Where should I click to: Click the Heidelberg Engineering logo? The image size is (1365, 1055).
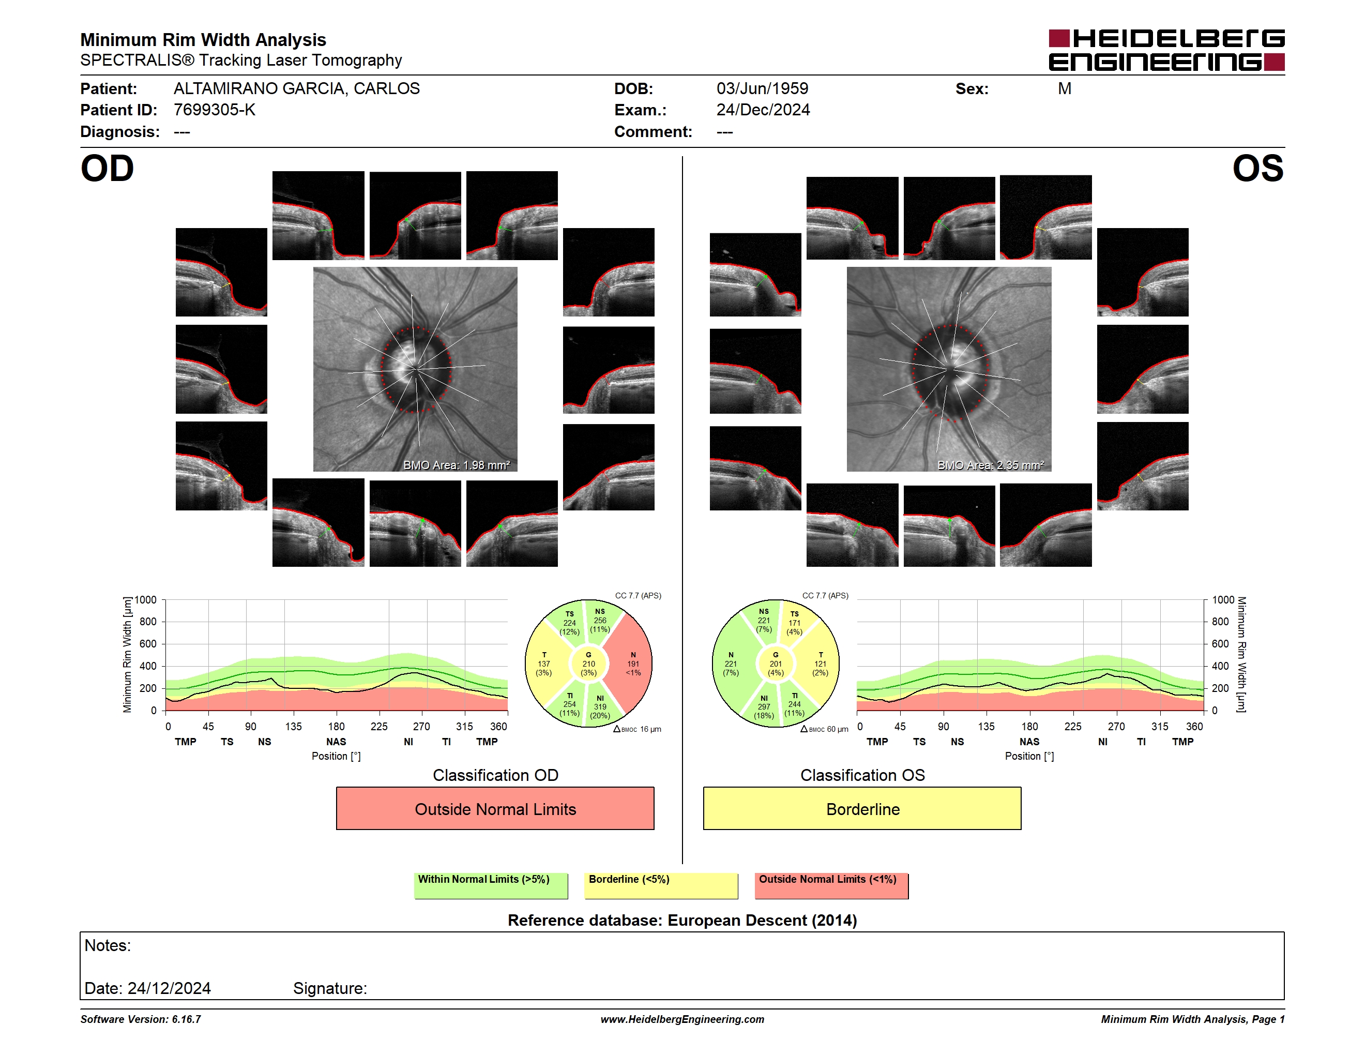click(1166, 50)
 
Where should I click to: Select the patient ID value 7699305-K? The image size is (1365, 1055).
click(215, 110)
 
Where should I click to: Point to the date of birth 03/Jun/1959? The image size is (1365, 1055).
click(762, 89)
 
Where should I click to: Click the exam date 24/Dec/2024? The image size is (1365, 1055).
click(763, 110)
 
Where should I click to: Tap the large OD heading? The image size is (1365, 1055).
click(107, 169)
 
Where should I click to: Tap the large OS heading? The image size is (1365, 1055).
click(1257, 169)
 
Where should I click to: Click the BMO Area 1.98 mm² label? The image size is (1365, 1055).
click(456, 465)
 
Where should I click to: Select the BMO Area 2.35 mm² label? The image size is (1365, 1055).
click(990, 465)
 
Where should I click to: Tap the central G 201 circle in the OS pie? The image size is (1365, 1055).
click(776, 664)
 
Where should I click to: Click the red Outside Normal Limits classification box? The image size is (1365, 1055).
click(495, 809)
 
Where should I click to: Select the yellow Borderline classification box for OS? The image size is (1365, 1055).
click(862, 809)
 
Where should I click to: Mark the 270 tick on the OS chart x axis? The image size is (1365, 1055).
click(1116, 726)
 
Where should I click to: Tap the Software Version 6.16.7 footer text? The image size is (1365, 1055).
click(141, 1019)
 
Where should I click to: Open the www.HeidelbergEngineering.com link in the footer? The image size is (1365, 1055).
click(682, 1019)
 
